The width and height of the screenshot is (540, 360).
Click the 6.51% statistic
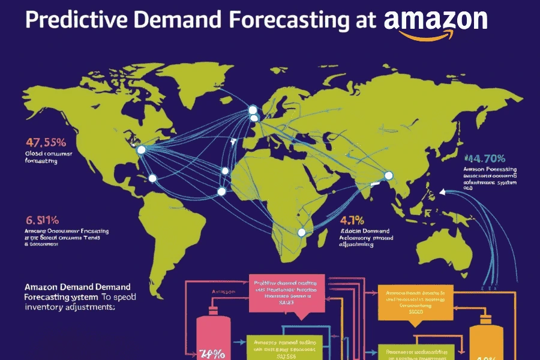(41, 220)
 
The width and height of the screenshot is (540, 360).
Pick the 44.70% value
(484, 159)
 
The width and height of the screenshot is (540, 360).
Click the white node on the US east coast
(142, 150)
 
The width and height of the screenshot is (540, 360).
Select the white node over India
(388, 175)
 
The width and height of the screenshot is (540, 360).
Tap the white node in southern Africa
(302, 232)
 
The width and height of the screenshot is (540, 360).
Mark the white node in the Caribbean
(152, 178)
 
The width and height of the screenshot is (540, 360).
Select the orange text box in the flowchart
(413, 301)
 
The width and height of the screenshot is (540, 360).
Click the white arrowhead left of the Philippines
(442, 193)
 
